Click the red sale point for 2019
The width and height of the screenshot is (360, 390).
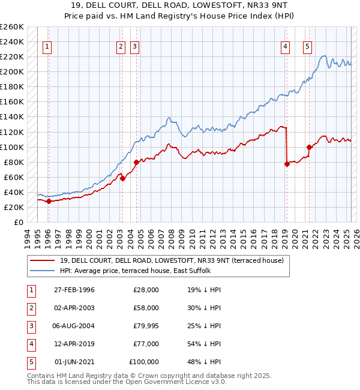pyautogui.click(x=287, y=164)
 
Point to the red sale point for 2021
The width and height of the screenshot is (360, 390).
pyautogui.click(x=309, y=147)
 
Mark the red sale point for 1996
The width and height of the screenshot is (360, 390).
pyautogui.click(x=49, y=201)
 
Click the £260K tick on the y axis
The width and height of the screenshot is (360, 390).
pyautogui.click(x=12, y=27)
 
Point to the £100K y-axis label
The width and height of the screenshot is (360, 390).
pyautogui.click(x=12, y=147)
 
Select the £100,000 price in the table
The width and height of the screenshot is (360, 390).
pyautogui.click(x=144, y=362)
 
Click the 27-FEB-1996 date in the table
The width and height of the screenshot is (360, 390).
pyautogui.click(x=74, y=290)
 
